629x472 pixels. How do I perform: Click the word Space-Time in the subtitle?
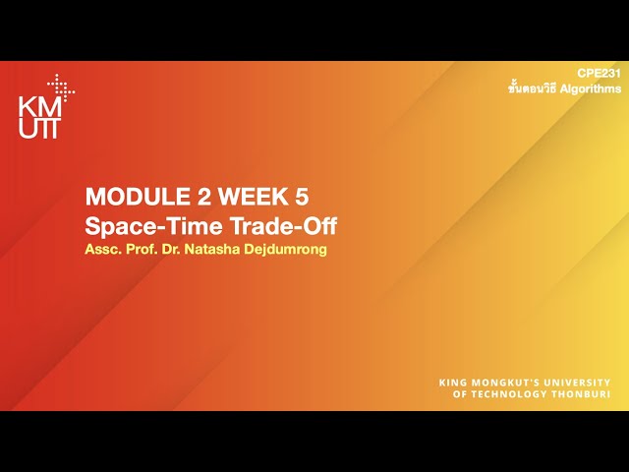coord(143,226)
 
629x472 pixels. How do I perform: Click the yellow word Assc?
coord(103,249)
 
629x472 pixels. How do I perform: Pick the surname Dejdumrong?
coord(290,249)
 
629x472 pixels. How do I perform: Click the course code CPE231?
coord(599,74)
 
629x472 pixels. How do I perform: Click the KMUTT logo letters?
coord(38,118)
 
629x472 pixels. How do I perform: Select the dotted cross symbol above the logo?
coord(61,88)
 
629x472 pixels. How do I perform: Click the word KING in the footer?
coord(452,383)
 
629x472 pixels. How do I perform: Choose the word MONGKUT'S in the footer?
coord(505,383)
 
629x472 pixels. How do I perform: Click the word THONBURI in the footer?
coord(584,394)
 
